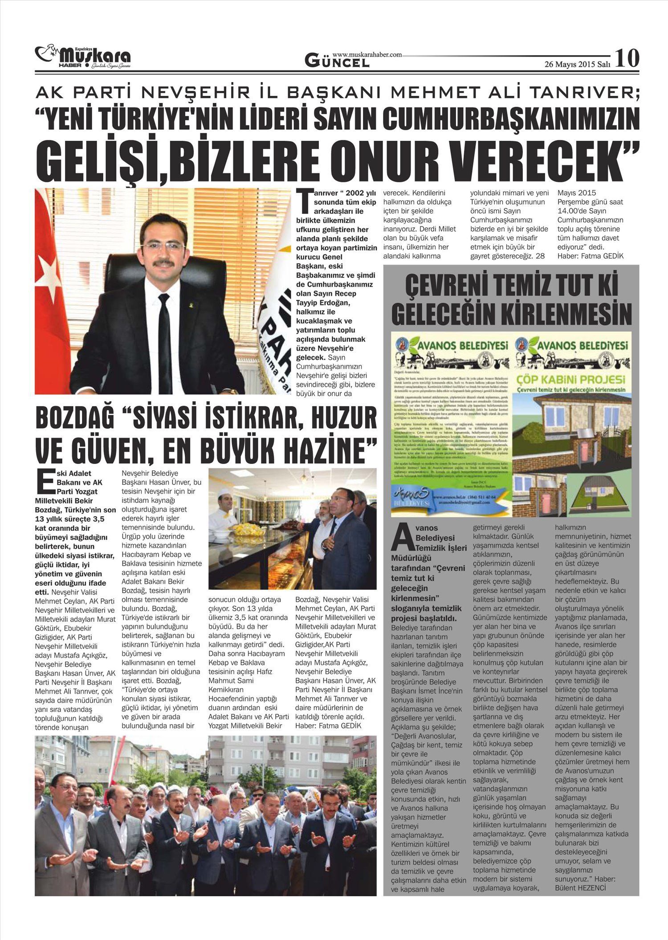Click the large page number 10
pyautogui.click(x=627, y=58)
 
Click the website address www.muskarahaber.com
pyautogui.click(x=367, y=54)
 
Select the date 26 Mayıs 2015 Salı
pyautogui.click(x=577, y=64)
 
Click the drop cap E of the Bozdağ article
pyautogui.click(x=45, y=484)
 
